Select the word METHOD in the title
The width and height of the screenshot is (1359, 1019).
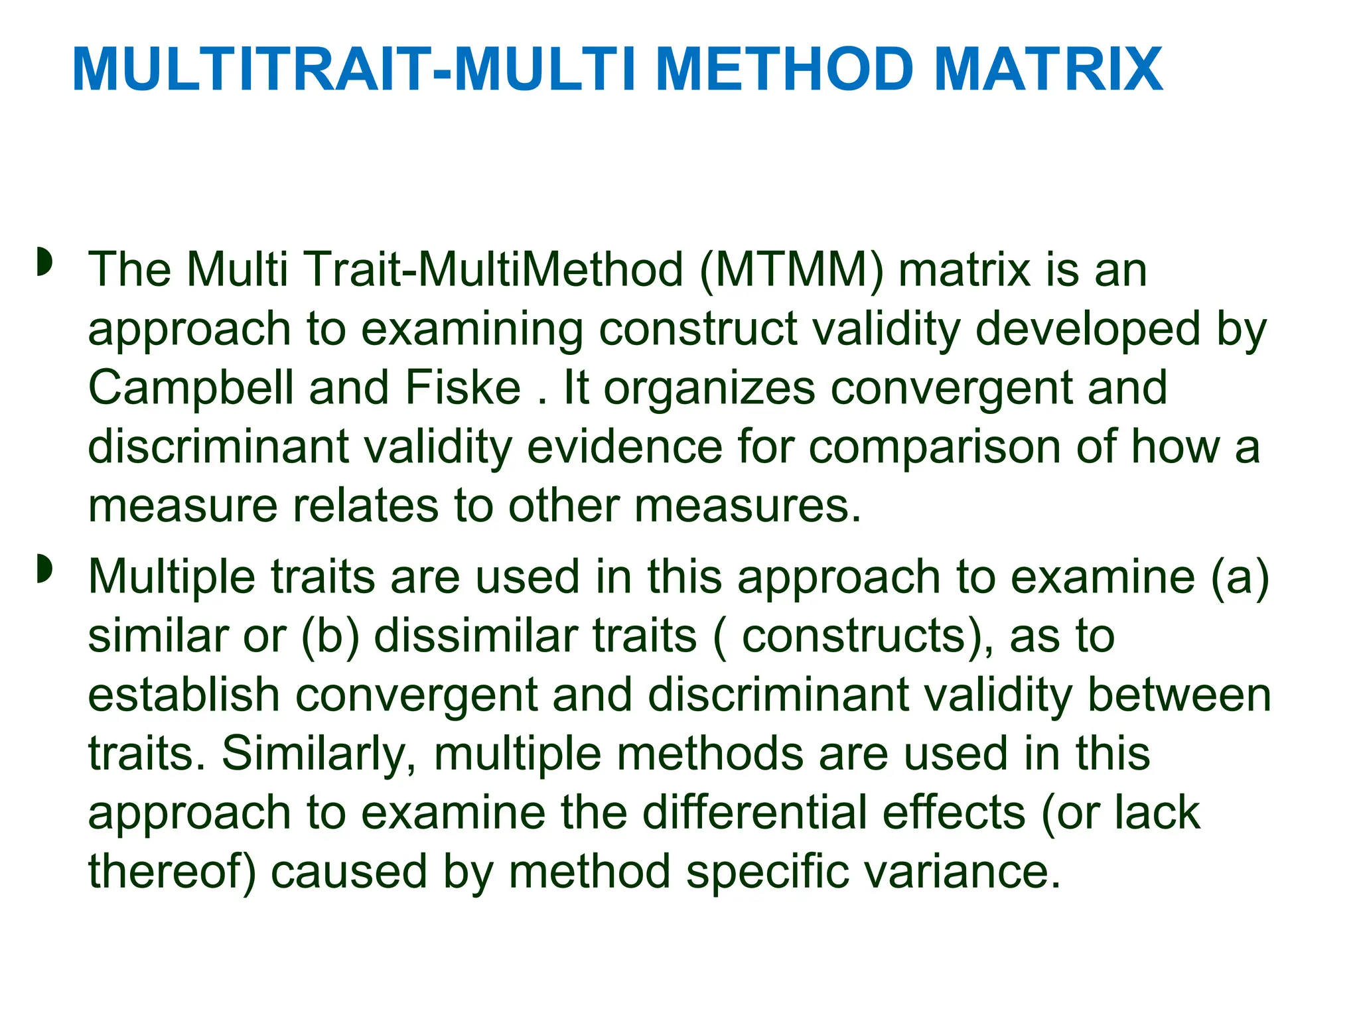pos(783,70)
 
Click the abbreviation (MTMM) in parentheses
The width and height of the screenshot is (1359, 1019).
pos(791,271)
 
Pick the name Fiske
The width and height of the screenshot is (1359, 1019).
pos(463,388)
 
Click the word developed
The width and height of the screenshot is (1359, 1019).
pos(1088,330)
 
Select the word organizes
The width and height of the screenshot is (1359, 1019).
pos(709,388)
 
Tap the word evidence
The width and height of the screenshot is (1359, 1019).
pos(624,446)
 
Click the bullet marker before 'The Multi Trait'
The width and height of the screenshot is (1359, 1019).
pos(44,263)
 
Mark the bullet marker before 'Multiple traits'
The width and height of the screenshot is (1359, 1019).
pos(44,569)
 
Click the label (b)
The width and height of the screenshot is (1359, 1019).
pos(330,636)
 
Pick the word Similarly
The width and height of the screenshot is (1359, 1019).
pos(319,754)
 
